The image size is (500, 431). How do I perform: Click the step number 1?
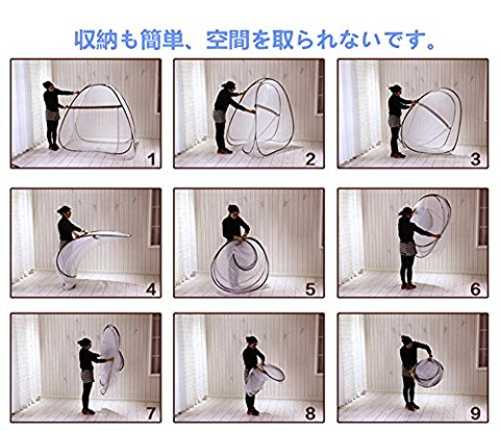pyautogui.click(x=152, y=159)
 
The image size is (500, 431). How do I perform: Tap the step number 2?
pyautogui.click(x=310, y=159)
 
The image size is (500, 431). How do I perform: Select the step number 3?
pyautogui.click(x=475, y=159)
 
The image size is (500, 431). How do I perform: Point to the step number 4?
pyautogui.click(x=151, y=289)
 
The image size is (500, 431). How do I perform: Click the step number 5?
pyautogui.click(x=310, y=289)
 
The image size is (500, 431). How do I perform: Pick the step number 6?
pyautogui.click(x=475, y=289)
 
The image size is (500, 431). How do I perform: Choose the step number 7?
pyautogui.click(x=151, y=414)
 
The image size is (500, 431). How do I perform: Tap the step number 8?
pyautogui.click(x=310, y=414)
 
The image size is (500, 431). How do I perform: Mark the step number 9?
pyautogui.click(x=475, y=414)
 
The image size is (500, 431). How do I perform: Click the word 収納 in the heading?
pyautogui.click(x=96, y=40)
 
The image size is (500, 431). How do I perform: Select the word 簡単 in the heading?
pyautogui.click(x=162, y=40)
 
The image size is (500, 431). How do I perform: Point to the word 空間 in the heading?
pyautogui.click(x=228, y=40)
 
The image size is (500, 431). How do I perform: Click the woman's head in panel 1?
pyautogui.click(x=48, y=85)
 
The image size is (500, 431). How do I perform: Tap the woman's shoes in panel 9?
pyautogui.click(x=412, y=406)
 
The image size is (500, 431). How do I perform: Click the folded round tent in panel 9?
pyautogui.click(x=429, y=372)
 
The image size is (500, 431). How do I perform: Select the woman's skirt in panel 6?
pyautogui.click(x=408, y=248)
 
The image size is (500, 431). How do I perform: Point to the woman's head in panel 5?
pyautogui.click(x=234, y=210)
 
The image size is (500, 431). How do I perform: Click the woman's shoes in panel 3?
pyautogui.click(x=398, y=155)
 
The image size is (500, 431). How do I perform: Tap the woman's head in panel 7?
pyautogui.click(x=85, y=343)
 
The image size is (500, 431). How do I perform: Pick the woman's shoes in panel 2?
pyautogui.click(x=224, y=151)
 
